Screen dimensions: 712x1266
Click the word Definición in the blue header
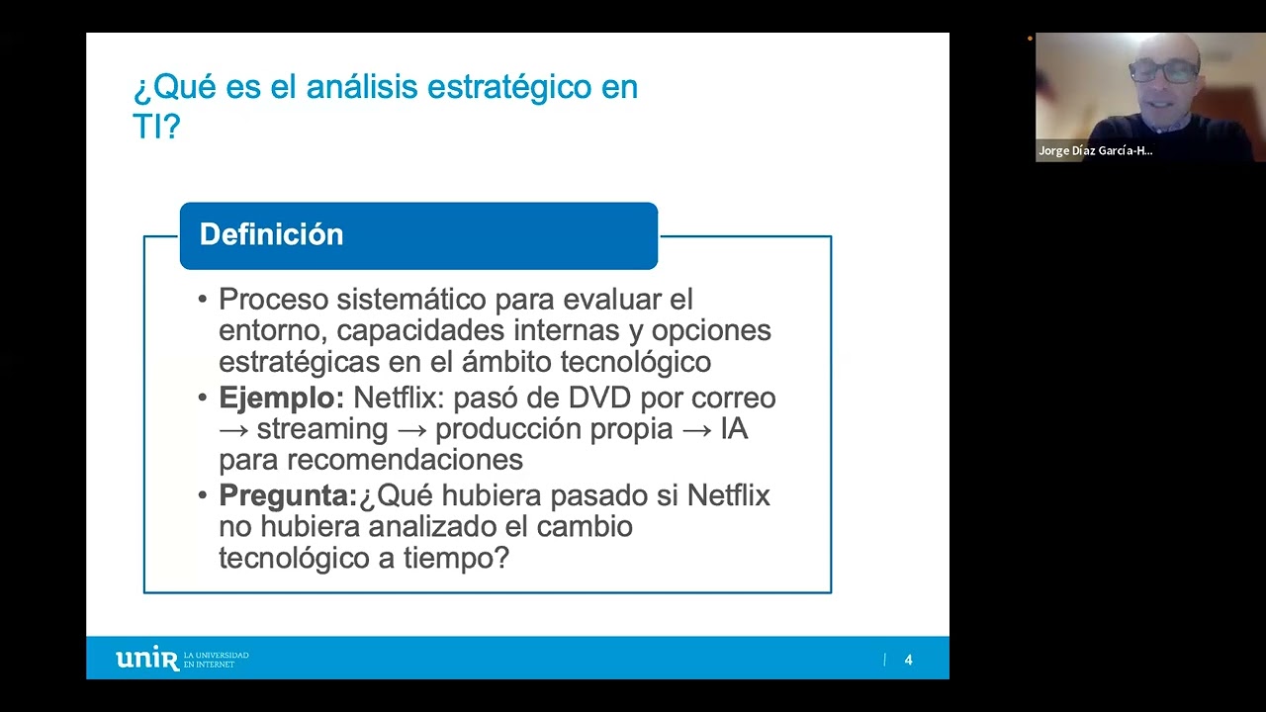[x=271, y=234]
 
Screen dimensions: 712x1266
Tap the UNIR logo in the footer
[x=147, y=659]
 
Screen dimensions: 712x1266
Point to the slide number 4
[x=908, y=660]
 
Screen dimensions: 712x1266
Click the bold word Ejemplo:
[x=281, y=398]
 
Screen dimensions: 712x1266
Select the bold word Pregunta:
[x=287, y=494]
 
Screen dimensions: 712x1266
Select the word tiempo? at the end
[x=456, y=558]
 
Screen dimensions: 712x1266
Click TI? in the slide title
[x=156, y=126]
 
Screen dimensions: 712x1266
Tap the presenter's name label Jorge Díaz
[x=1095, y=151]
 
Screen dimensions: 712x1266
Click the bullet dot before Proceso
[x=203, y=300]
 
